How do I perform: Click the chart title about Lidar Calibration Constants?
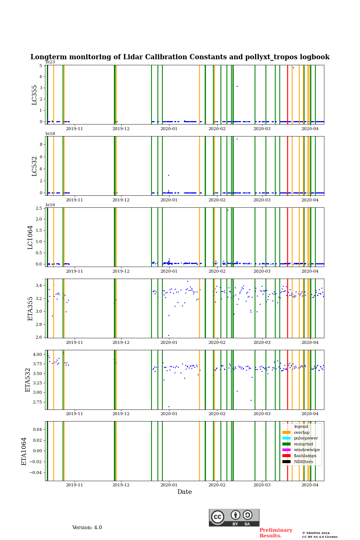click(x=180, y=57)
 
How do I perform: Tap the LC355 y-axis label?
click(x=34, y=95)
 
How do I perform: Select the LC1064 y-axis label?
click(x=30, y=237)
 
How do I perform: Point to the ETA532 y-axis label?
click(x=28, y=380)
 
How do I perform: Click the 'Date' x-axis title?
click(x=184, y=492)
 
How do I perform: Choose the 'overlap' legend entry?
click(x=301, y=432)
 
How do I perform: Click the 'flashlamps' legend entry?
click(x=305, y=456)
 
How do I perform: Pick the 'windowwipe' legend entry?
click(x=307, y=450)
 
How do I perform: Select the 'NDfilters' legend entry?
click(x=303, y=462)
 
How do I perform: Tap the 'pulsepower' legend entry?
click(x=306, y=438)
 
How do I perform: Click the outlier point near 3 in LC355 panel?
click(x=237, y=86)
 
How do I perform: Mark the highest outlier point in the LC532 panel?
click(x=237, y=139)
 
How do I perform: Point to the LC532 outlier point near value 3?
click(x=168, y=175)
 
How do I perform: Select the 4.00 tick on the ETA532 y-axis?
click(x=37, y=354)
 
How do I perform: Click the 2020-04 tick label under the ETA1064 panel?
click(x=310, y=485)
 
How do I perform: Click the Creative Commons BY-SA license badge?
click(x=234, y=517)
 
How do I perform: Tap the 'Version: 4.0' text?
click(x=87, y=528)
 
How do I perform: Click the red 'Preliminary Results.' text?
click(x=276, y=533)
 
